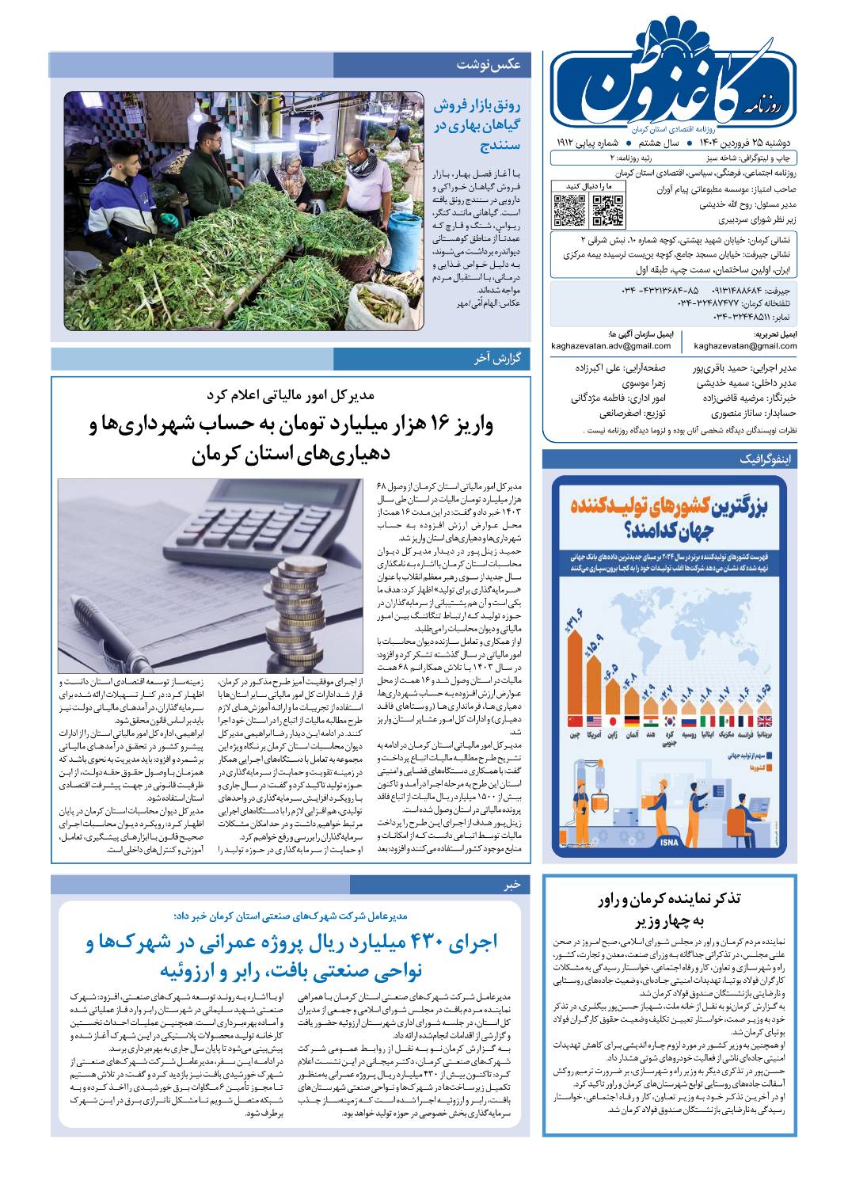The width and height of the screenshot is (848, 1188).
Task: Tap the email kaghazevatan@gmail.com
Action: tap(745, 346)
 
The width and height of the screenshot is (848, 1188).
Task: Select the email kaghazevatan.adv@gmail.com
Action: tap(611, 346)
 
